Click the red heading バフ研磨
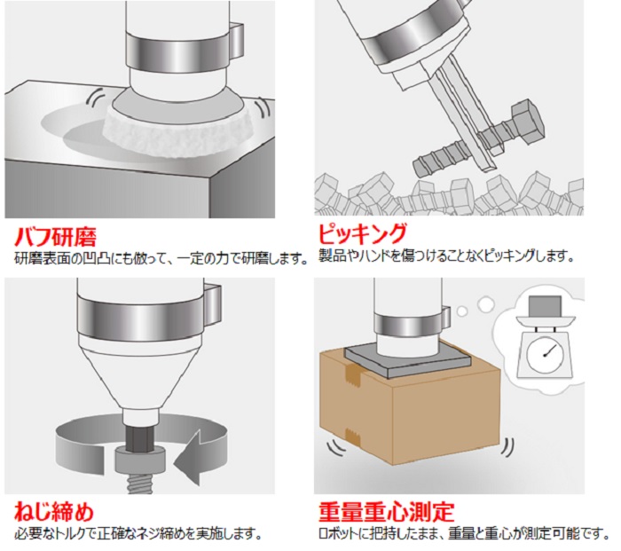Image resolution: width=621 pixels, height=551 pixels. pos(55,237)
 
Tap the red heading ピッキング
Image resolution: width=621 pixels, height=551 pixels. pos(363,233)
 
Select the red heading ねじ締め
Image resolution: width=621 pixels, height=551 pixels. pos(54,511)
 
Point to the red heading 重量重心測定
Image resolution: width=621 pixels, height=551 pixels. pos(387,511)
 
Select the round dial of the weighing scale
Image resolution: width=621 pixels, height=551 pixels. pos(544,355)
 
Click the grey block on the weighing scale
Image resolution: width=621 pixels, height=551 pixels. pos(546,306)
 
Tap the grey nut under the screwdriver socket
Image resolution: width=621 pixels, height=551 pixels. pos(140,460)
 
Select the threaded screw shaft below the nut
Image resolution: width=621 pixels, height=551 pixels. pos(140,484)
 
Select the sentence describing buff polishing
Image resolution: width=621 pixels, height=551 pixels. pos(161,259)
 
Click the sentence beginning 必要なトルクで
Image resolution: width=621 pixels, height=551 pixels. pos(138,534)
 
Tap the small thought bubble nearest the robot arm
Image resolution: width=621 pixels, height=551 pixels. pos(462,311)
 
